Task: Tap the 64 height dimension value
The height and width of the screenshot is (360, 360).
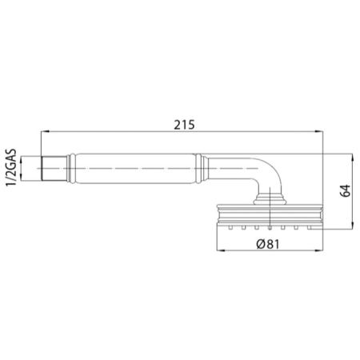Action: [x=346, y=190]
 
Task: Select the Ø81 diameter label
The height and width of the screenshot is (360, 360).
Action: [x=268, y=244]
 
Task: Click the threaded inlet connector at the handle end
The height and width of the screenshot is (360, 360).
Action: [x=52, y=171]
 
